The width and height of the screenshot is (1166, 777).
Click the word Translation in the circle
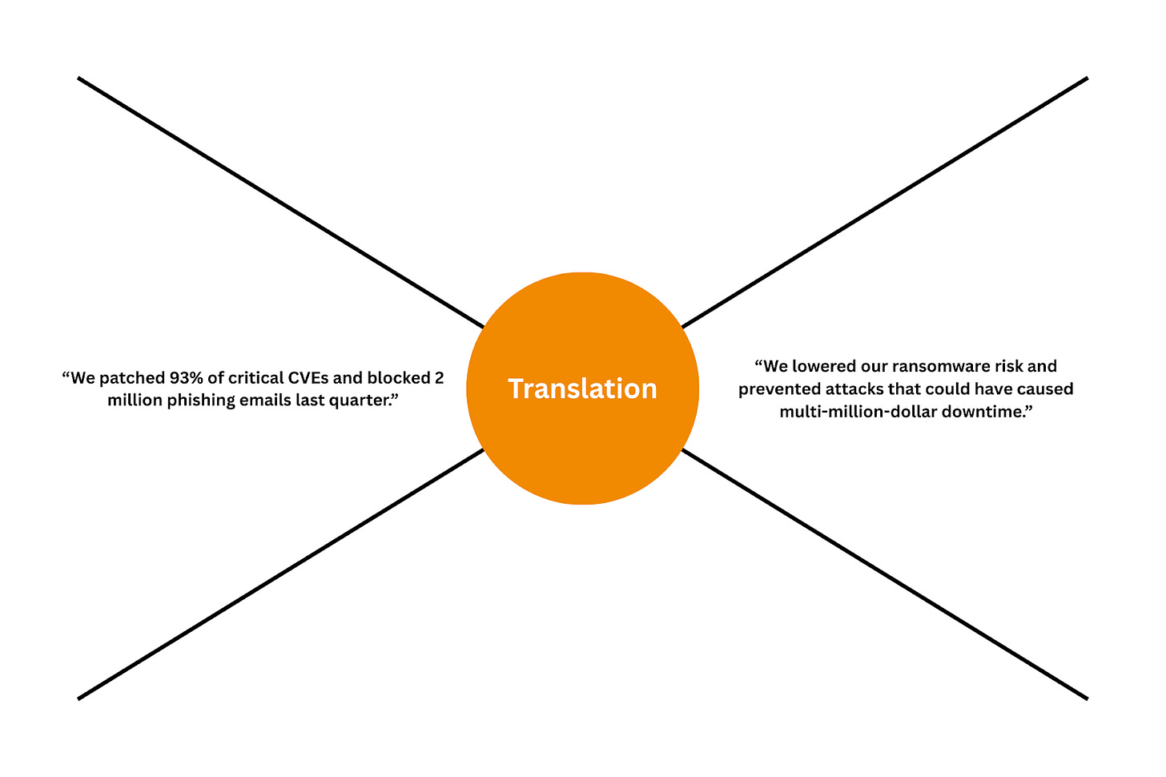tap(582, 388)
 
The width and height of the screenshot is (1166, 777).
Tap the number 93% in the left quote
tap(185, 378)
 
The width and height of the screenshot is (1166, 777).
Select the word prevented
tap(775, 389)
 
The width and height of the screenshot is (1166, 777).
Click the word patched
tap(131, 378)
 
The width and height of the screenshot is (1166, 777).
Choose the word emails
tap(255, 400)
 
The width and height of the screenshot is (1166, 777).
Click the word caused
tap(1045, 389)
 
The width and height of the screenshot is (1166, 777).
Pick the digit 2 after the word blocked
tap(439, 378)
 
